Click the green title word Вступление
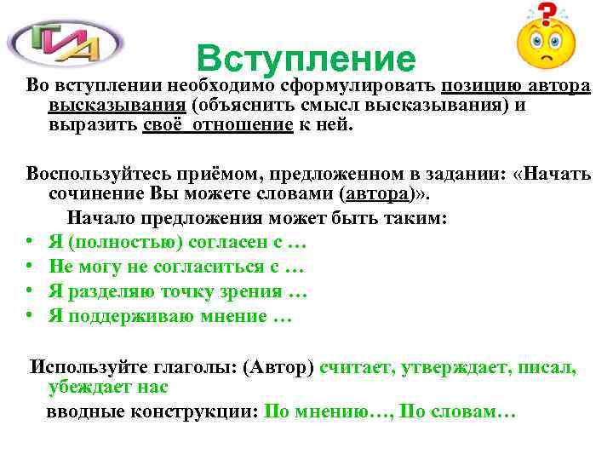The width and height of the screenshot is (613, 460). click(x=305, y=58)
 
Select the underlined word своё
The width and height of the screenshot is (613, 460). click(x=160, y=124)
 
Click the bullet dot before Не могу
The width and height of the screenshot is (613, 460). click(x=30, y=267)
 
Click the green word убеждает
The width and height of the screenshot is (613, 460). click(x=89, y=387)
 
